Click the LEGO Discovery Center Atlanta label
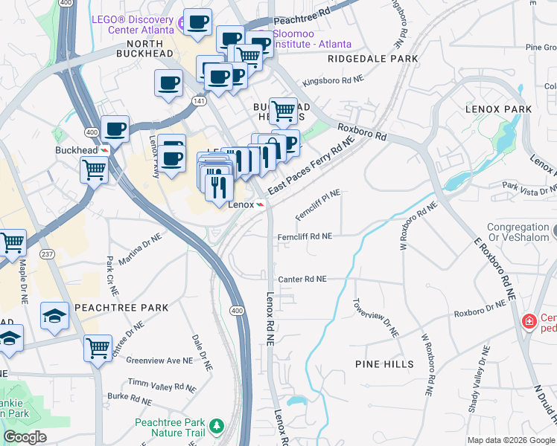click(133, 25)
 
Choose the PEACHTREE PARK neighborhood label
click(121, 307)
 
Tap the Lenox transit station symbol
click(261, 204)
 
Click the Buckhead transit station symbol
click(105, 150)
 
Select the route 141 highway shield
click(199, 100)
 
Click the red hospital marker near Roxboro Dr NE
click(529, 321)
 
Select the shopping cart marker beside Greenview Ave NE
click(98, 347)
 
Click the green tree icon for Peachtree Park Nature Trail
click(216, 426)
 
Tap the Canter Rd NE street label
click(302, 279)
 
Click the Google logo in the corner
click(25, 437)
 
